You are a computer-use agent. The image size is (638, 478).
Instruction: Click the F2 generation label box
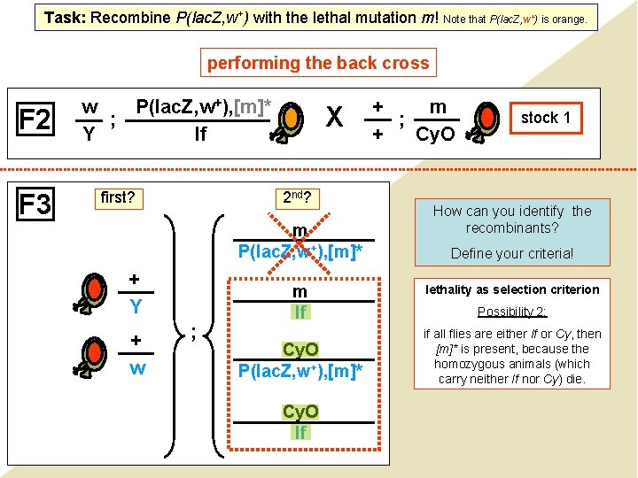35,119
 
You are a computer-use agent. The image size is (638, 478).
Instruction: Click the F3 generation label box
35,205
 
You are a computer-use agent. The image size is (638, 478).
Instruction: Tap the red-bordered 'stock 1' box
545,118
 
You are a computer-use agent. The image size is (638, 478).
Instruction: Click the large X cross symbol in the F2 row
334,119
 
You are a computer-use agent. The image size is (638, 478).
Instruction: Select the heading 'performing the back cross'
318,63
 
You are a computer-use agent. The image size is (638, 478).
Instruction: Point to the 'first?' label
118,197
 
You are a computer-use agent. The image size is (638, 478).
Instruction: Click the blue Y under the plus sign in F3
136,306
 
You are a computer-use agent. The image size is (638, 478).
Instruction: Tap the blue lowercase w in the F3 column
136,366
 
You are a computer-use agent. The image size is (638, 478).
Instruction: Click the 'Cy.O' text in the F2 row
435,135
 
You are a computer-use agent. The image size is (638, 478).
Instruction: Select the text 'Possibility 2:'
512,312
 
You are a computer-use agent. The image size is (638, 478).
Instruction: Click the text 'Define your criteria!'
512,253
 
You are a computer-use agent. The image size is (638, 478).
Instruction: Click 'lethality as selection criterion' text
512,289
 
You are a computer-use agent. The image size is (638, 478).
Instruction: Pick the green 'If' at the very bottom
300,432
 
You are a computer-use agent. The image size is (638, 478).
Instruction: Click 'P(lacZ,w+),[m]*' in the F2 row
203,107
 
